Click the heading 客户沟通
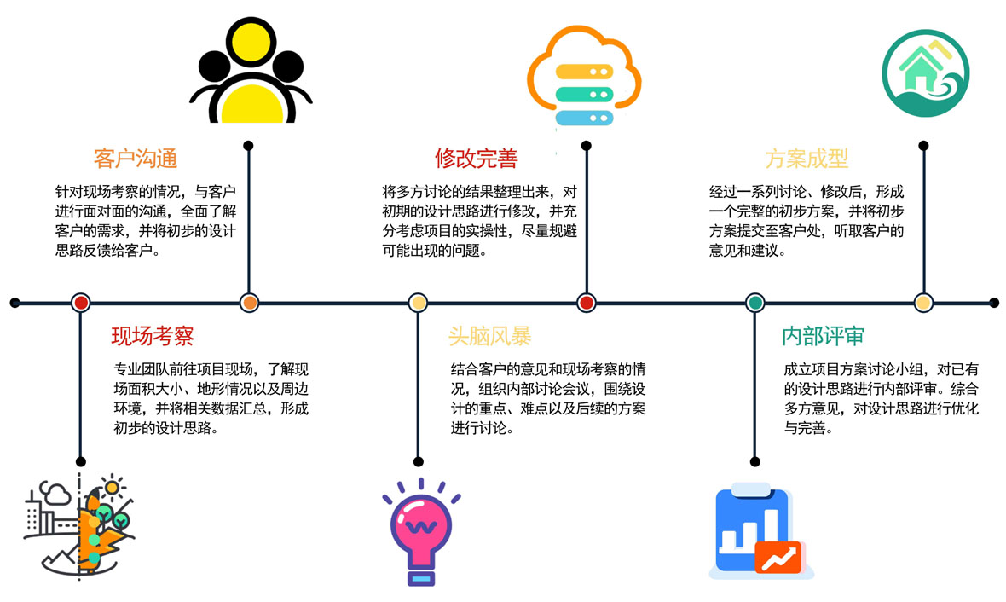tap(136, 159)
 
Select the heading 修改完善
tap(476, 159)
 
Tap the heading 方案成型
tap(807, 159)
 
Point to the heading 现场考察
tap(153, 336)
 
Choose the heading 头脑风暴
tap(489, 336)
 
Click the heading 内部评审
tap(824, 336)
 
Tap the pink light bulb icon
tap(421, 532)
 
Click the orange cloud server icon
tap(584, 76)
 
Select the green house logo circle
tap(925, 73)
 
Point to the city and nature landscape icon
tap(79, 526)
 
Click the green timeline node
tap(755, 303)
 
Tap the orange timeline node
tap(249, 303)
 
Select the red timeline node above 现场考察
tap(80, 303)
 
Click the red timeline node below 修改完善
tap(586, 303)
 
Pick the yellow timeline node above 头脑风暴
tap(418, 303)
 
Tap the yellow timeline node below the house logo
tap(923, 303)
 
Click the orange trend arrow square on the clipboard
tap(778, 558)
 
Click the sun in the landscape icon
tap(113, 488)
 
